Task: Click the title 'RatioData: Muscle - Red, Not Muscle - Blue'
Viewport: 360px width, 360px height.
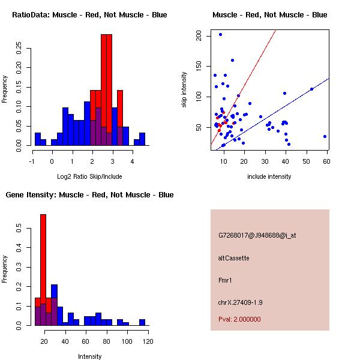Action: (x=89, y=14)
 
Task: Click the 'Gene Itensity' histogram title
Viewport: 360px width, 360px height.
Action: (x=89, y=194)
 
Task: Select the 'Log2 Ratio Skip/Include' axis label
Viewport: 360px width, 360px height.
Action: (x=89, y=176)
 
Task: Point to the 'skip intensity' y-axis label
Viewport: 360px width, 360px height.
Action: (x=184, y=90)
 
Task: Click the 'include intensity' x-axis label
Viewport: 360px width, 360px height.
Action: (x=269, y=176)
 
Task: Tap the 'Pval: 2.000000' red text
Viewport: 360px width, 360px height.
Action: (x=239, y=319)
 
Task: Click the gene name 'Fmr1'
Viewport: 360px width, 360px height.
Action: (x=226, y=280)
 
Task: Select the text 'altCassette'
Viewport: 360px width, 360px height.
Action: (x=234, y=258)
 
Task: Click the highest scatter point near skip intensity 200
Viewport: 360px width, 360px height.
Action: (x=220, y=34)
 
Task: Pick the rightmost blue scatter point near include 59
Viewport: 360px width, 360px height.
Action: (x=325, y=136)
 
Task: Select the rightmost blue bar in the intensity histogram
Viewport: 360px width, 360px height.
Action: (x=142, y=322)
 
